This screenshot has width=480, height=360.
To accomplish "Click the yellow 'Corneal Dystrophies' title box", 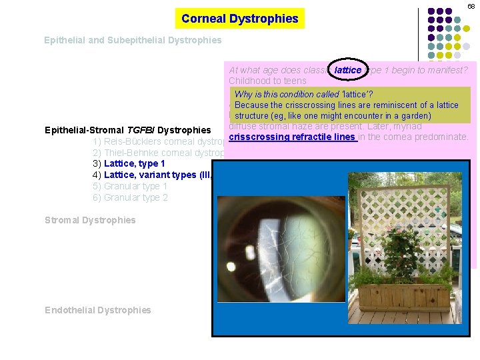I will [239, 19].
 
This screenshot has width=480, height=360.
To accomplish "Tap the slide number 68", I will [471, 6].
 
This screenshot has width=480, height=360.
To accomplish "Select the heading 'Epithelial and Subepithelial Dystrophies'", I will [133, 40].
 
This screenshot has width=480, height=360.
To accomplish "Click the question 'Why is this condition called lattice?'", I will [303, 94].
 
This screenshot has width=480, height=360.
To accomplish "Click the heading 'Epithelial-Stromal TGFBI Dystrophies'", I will [127, 130].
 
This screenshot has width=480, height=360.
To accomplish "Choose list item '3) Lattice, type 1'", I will [129, 163].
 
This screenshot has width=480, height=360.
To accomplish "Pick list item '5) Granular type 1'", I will [131, 186].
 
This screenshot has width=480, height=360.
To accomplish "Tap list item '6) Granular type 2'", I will [131, 197].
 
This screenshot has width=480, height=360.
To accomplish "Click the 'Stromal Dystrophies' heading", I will [90, 220].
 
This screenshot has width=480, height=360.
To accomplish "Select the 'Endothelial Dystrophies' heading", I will [98, 310].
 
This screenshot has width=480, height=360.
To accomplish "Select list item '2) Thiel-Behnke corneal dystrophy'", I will [157, 153].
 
